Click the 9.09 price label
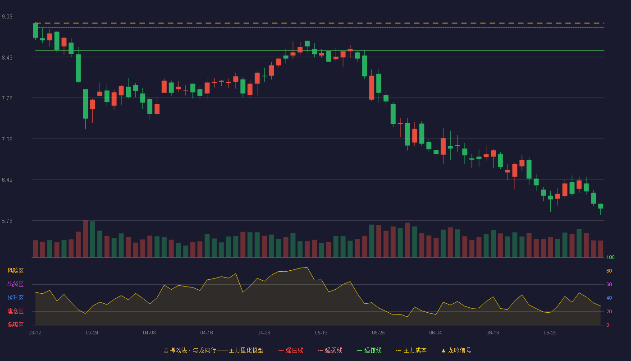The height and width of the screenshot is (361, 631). pos(7,17)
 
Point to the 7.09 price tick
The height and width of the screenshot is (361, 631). pos(7,139)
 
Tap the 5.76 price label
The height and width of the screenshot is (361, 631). pos(7,221)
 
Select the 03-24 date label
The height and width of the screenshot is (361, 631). pos(92,333)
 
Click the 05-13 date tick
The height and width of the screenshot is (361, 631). pos(321,333)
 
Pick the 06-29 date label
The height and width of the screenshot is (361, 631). pos(550,333)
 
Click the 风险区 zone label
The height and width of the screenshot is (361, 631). pos(15,271)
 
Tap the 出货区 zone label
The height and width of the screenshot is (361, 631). pos(15,284)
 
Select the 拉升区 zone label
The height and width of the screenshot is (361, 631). pos(15,297)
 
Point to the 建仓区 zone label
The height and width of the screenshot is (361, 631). pos(15,311)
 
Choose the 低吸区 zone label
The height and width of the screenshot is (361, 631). pos(15,324)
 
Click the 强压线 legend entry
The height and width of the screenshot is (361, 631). pos(291,350)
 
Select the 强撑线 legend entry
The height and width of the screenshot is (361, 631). pos(369,350)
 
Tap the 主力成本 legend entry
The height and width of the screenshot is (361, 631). pos(411,350)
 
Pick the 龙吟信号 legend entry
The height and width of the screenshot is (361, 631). pos(456,350)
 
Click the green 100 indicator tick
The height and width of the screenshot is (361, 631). pos(610,257)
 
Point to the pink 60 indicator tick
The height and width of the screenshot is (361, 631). pos(609,284)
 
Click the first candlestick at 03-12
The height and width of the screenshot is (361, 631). pos(35,31)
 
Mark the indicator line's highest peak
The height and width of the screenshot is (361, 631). pos(307,267)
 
